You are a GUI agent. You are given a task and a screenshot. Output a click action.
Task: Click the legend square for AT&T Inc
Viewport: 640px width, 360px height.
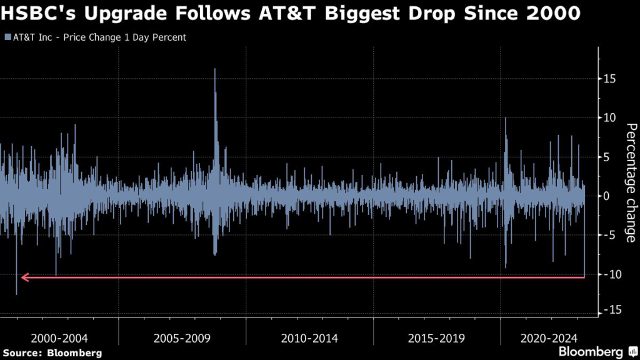click(7, 37)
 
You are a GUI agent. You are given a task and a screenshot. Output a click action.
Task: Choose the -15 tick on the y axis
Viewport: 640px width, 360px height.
click(610, 310)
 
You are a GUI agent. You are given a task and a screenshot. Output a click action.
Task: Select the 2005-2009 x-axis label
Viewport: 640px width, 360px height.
click(182, 338)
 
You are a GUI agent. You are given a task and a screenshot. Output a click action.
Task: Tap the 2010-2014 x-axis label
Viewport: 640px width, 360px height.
click(309, 338)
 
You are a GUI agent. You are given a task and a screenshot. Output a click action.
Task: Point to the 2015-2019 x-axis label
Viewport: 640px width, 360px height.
click(436, 338)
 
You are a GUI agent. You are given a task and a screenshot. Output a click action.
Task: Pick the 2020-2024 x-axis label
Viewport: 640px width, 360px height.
click(548, 338)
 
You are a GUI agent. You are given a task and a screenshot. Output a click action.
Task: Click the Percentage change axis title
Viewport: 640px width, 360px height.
click(631, 183)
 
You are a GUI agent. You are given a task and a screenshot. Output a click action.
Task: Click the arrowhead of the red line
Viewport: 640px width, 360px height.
click(24, 277)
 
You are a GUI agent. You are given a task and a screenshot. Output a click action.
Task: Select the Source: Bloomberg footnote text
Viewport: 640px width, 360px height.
click(52, 353)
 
